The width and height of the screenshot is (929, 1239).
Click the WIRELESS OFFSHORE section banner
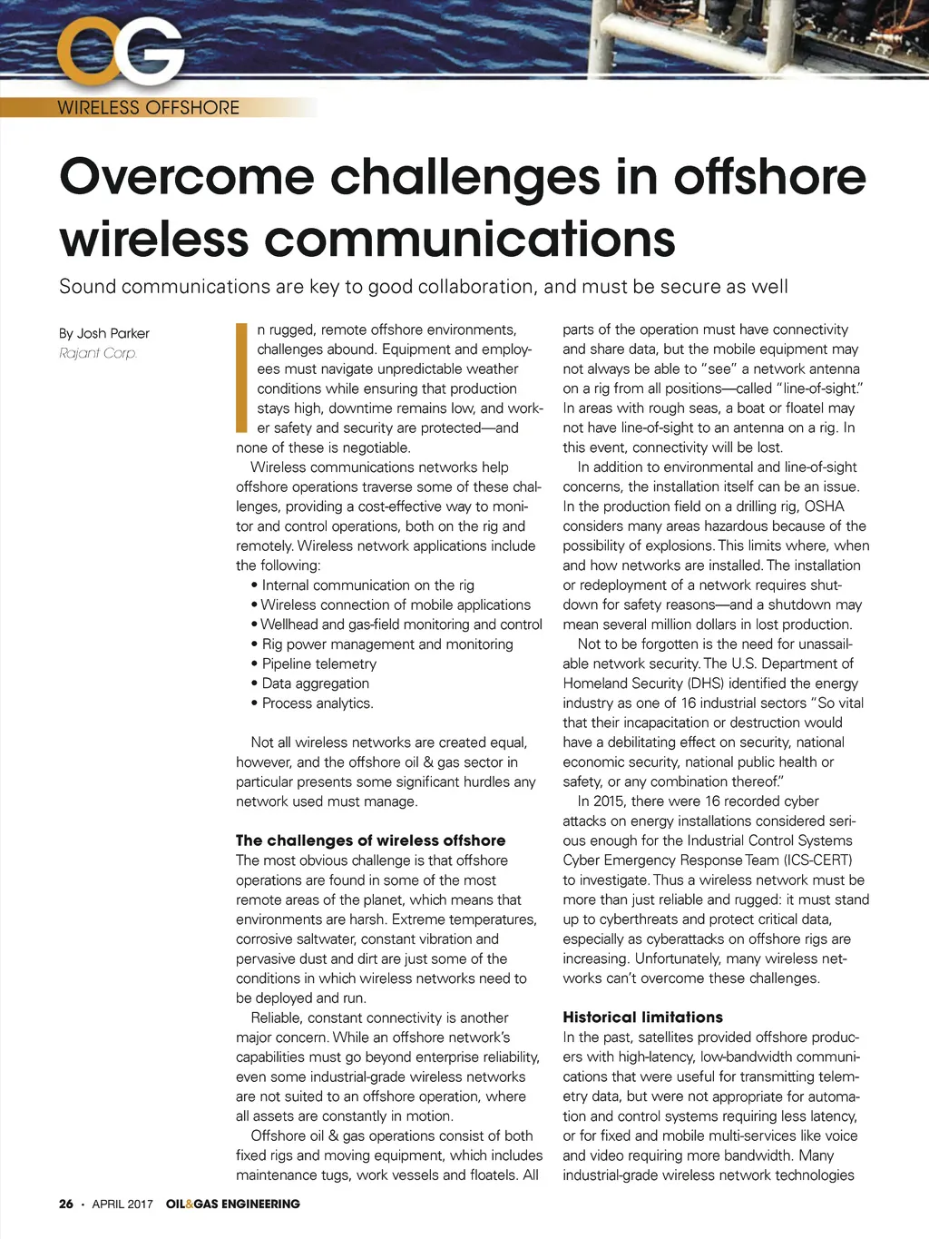coord(149,108)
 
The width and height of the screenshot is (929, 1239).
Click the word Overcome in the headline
coord(187,177)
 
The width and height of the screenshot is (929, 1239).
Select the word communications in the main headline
coord(470,239)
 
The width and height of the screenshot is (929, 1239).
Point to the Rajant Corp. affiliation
coord(98,353)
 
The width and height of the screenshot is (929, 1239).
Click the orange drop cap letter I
coord(241,377)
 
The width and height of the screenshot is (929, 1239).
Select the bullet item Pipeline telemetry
coord(318,664)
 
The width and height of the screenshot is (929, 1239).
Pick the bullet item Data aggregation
coord(315,683)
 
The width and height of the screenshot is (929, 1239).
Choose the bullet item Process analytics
coord(318,703)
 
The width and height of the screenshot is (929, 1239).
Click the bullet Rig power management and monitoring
coord(387,644)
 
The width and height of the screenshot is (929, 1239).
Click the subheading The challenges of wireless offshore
coord(370,841)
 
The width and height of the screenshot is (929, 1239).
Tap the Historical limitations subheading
coord(642,1018)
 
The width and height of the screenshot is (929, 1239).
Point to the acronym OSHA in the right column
coord(824,506)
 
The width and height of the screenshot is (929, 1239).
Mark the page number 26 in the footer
coord(66,1204)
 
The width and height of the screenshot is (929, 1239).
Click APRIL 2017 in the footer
coord(122,1204)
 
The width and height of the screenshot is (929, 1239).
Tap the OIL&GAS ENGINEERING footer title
coord(232,1204)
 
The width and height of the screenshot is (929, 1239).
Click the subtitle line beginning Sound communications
coord(423,287)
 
